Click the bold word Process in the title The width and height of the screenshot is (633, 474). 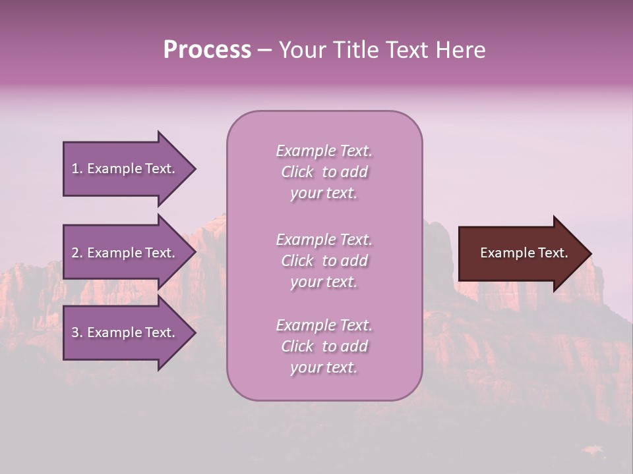pyautogui.click(x=207, y=50)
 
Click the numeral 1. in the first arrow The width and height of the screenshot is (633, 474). pyautogui.click(x=77, y=169)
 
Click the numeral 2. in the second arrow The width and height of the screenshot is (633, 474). pyautogui.click(x=77, y=253)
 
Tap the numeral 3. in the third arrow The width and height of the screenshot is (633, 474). pyautogui.click(x=77, y=332)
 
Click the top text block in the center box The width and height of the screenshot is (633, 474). pyautogui.click(x=324, y=172)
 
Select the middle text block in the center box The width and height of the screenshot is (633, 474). pyautogui.click(x=324, y=261)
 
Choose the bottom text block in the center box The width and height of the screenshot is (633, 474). pyautogui.click(x=324, y=346)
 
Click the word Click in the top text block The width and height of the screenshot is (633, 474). pyautogui.click(x=297, y=172)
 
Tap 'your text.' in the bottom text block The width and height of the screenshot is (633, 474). pyautogui.click(x=324, y=367)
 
